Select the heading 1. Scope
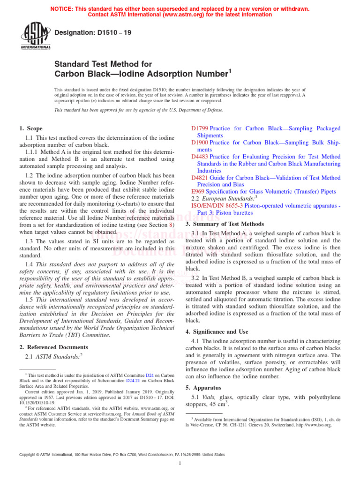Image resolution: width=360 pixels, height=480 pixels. pyautogui.click(x=30, y=128)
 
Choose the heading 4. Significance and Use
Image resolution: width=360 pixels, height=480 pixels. pyautogui.click(x=217, y=332)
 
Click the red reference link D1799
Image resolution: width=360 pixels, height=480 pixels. pyautogui.click(x=200, y=128)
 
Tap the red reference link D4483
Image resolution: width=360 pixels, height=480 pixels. pyautogui.click(x=200, y=157)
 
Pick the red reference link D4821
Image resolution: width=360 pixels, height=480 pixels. pyautogui.click(x=200, y=178)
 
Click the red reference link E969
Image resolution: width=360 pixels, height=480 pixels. pyautogui.click(x=198, y=192)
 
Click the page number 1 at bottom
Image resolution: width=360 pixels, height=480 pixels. pyautogui.click(x=180, y=464)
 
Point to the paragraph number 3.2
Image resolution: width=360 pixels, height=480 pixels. pyautogui.click(x=197, y=278)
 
